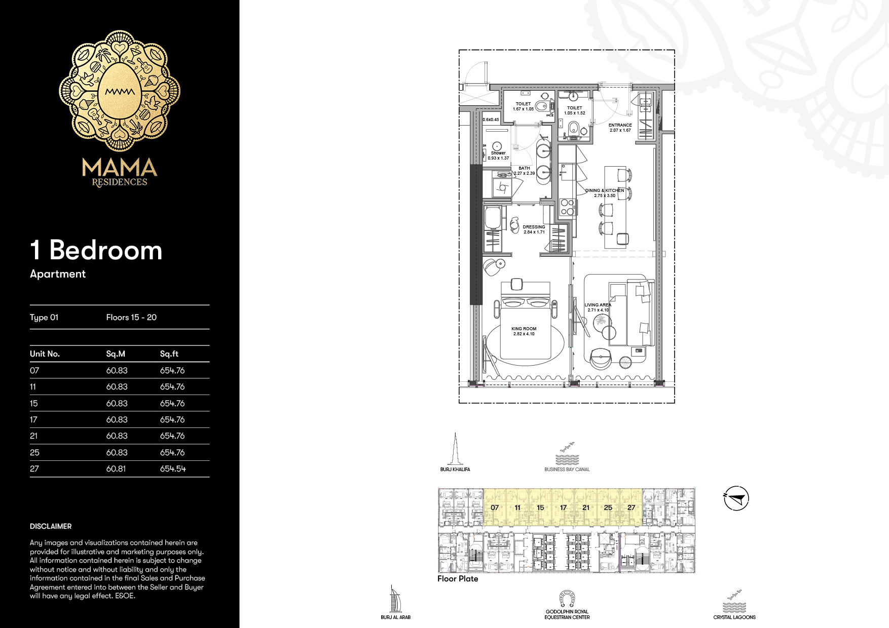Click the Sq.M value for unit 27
click(116, 469)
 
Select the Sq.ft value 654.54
click(173, 469)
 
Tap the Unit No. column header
click(45, 354)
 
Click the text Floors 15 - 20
click(131, 318)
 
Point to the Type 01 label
click(44, 318)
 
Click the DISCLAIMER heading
click(51, 526)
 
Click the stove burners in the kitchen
click(567, 207)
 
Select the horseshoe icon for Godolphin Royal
click(567, 599)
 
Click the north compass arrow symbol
click(736, 498)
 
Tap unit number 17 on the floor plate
click(563, 507)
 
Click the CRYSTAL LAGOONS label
click(734, 617)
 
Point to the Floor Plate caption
click(458, 579)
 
